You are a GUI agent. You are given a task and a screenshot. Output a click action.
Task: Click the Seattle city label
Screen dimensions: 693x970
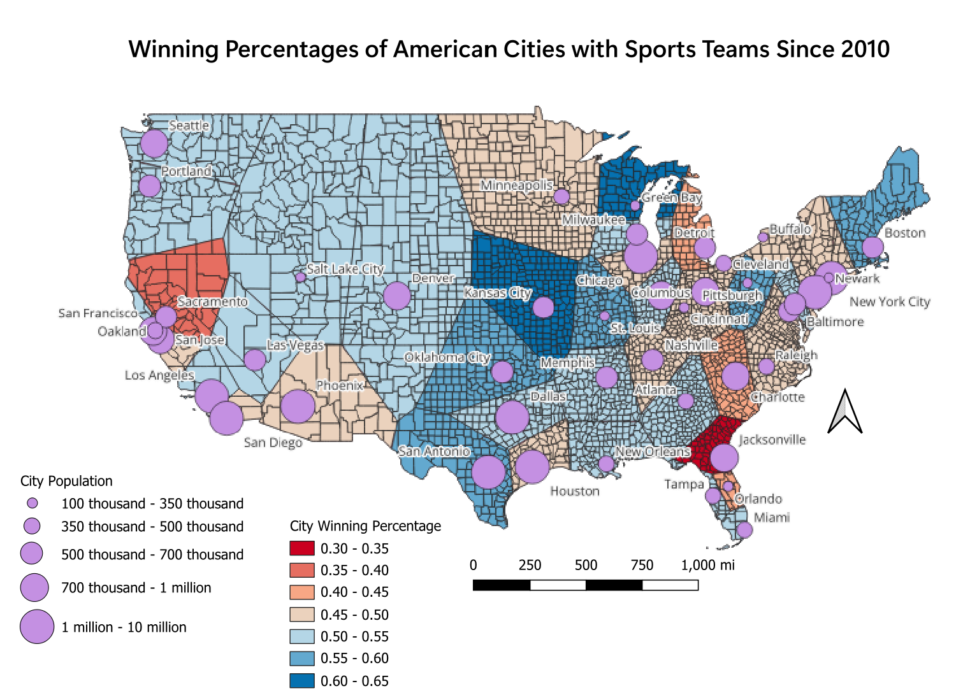coord(189,125)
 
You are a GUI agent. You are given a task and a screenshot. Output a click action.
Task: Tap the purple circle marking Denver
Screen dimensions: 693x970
coord(396,296)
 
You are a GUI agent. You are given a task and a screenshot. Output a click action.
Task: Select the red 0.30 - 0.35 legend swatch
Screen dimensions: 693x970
coord(302,548)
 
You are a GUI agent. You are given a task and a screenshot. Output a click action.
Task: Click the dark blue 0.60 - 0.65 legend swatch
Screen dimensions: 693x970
coord(302,680)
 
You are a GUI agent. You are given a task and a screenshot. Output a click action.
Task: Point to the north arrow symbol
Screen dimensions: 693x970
coord(844,412)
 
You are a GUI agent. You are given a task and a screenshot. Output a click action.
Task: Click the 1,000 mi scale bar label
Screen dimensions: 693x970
coord(707,565)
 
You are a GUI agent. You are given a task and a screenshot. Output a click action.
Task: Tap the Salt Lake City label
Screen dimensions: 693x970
coord(345,269)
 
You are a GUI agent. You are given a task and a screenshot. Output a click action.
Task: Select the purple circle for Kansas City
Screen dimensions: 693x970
coord(543,307)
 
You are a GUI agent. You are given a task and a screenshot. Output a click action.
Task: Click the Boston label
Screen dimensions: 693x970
coord(904,233)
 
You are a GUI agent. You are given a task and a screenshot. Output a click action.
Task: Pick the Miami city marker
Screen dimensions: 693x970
coord(744,529)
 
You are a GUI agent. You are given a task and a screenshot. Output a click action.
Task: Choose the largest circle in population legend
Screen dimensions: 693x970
coord(37,627)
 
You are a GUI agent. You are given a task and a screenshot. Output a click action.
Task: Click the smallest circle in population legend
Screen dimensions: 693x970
coord(32,503)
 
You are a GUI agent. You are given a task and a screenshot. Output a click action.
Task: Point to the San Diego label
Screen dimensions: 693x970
coord(273,442)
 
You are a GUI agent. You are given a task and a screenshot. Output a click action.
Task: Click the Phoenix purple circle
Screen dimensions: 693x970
coord(298,406)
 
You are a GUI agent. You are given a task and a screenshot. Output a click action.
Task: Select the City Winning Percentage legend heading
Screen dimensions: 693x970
coord(365,526)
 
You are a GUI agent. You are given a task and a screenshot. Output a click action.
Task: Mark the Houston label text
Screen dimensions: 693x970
coord(575,491)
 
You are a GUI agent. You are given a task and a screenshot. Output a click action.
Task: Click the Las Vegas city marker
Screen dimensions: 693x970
coord(255,360)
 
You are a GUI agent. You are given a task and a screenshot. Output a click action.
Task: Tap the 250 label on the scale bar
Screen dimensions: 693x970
coord(530,565)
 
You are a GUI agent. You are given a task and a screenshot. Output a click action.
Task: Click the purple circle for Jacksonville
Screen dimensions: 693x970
coord(724,457)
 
